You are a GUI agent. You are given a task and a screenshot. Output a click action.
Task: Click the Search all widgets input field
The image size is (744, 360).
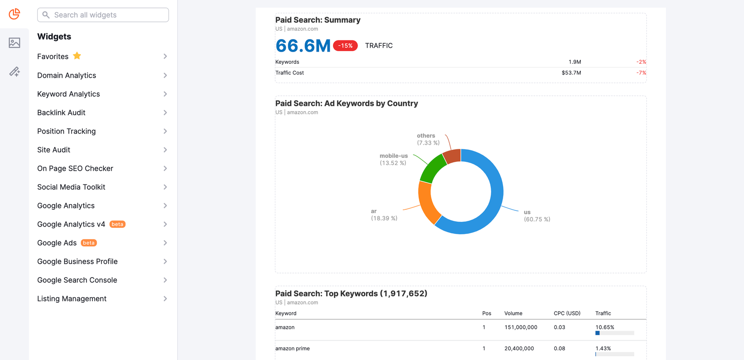pyautogui.click(x=103, y=15)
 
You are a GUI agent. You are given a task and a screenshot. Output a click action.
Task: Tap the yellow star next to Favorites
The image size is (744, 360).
pyautogui.click(x=77, y=56)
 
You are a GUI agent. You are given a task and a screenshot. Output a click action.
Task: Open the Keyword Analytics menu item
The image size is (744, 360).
pyautogui.click(x=69, y=94)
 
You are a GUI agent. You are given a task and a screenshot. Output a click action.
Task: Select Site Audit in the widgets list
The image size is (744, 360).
pyautogui.click(x=54, y=150)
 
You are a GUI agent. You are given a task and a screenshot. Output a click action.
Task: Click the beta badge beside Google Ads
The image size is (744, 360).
pyautogui.click(x=89, y=243)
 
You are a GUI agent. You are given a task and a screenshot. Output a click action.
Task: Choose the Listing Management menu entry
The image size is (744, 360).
pyautogui.click(x=72, y=299)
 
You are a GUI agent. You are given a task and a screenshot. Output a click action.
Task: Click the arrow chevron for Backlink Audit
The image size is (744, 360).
pyautogui.click(x=165, y=113)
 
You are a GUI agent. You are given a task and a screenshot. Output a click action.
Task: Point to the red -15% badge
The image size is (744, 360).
pyautogui.click(x=345, y=46)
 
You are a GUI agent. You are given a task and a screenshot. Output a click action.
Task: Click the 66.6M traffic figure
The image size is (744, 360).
pyautogui.click(x=303, y=46)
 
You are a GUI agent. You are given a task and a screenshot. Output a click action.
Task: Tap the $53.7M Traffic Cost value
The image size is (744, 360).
pyautogui.click(x=571, y=73)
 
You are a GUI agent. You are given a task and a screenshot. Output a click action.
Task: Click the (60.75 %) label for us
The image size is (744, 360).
pyautogui.click(x=537, y=219)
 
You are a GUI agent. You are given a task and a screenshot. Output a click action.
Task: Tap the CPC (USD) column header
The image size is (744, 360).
pyautogui.click(x=567, y=313)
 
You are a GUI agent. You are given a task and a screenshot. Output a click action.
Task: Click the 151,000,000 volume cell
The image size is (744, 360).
pyautogui.click(x=521, y=327)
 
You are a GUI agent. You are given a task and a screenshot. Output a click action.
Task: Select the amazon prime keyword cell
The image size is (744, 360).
pyautogui.click(x=292, y=348)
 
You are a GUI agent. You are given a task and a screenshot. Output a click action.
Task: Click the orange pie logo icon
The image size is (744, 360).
pyautogui.click(x=14, y=14)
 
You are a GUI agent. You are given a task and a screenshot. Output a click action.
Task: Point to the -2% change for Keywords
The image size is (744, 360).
pyautogui.click(x=641, y=62)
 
